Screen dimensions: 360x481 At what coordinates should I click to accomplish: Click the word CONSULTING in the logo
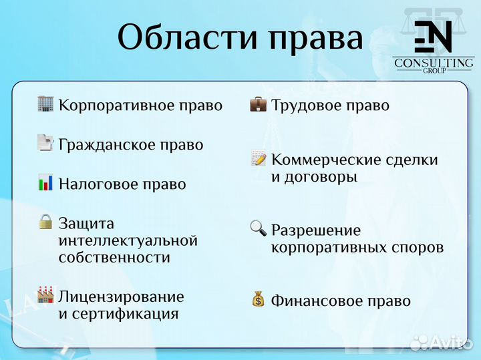coord(434,63)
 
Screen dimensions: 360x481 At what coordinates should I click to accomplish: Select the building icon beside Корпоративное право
coord(45,104)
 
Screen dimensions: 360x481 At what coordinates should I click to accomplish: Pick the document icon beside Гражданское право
coord(45,143)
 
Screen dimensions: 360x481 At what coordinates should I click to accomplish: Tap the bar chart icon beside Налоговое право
coord(45,182)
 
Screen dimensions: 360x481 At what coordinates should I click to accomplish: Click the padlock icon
coord(45,222)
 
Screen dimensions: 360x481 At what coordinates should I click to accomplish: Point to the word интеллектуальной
coord(128,240)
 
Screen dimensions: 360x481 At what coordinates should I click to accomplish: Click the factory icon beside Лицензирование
coord(45,295)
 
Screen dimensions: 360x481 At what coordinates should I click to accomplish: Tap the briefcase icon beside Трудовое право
coord(258,104)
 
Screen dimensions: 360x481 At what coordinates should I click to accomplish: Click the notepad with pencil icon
coord(258,158)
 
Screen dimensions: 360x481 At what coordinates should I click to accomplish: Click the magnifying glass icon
coord(258,228)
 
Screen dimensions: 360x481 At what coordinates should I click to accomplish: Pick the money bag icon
coord(258,299)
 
